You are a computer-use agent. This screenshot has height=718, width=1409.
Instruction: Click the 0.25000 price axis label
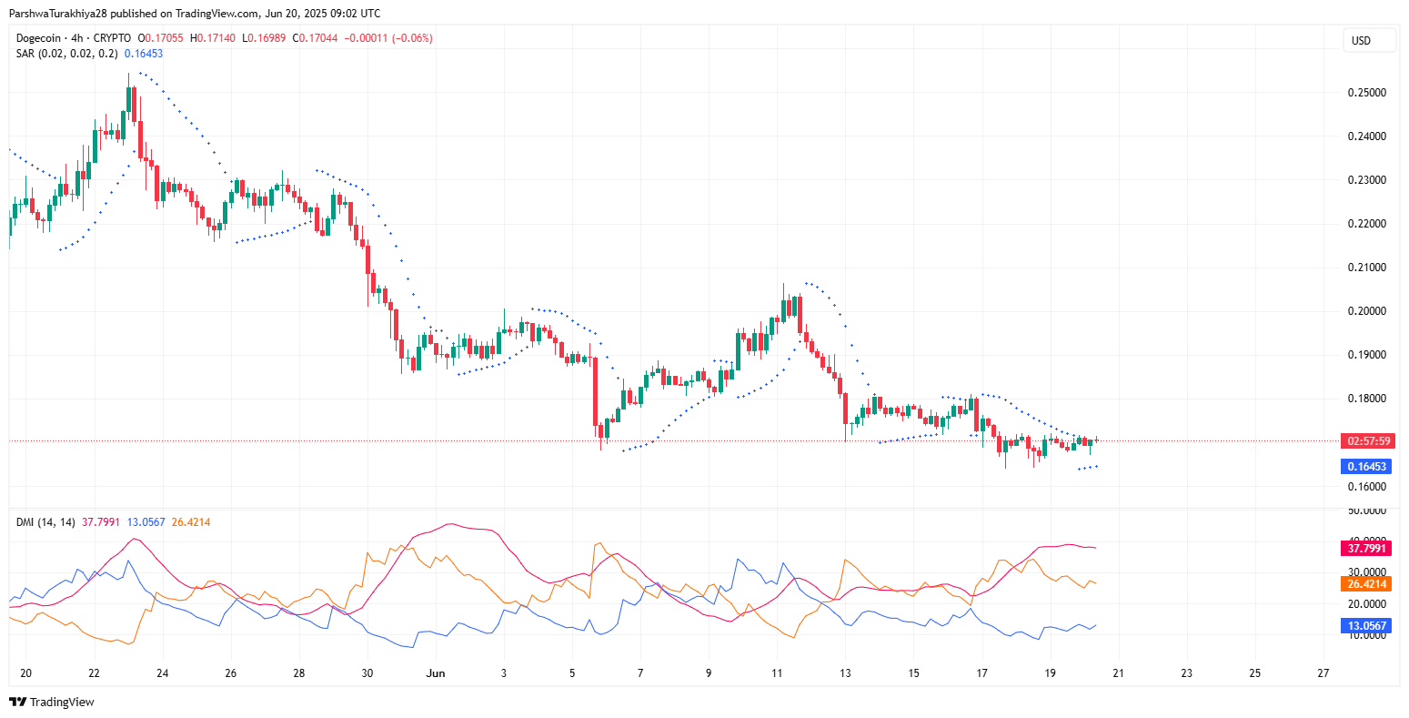1366,93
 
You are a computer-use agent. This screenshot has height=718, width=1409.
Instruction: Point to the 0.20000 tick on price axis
1366,311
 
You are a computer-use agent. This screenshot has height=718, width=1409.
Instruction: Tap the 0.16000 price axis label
1366,486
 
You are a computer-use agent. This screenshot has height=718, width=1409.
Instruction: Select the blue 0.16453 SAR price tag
1366,467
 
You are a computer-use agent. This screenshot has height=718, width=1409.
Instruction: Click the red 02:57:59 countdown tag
1366,441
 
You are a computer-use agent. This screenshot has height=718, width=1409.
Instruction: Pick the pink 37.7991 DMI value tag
1366,549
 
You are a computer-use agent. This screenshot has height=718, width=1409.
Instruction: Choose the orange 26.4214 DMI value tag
1366,584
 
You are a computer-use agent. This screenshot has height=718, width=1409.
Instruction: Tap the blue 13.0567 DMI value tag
1366,626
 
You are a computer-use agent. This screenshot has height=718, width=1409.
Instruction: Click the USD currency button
1361,41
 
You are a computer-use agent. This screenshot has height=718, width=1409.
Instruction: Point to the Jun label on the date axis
437,673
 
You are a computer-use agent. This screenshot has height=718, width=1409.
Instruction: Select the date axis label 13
845,673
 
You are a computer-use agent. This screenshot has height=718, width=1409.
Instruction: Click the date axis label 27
1323,673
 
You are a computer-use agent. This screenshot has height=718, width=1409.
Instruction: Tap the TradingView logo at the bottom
52,702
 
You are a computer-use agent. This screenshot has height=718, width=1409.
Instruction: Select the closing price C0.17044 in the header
317,38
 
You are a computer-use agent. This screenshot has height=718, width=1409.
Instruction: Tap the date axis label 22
94,673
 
